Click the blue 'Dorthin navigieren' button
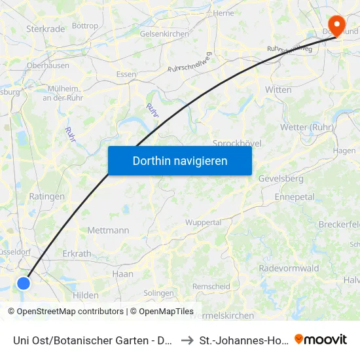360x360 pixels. [179, 160]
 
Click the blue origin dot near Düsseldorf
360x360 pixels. [24, 283]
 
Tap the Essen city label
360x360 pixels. [126, 74]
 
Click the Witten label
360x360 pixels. [278, 89]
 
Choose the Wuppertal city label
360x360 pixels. [204, 223]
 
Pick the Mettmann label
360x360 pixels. [108, 230]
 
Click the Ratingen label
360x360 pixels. [46, 196]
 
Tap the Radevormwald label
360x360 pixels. [289, 268]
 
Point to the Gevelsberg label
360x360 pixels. [283, 179]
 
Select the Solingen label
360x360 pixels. [157, 293]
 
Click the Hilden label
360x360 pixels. [86, 295]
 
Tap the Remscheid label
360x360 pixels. [211, 286]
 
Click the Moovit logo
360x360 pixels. [321, 339]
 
